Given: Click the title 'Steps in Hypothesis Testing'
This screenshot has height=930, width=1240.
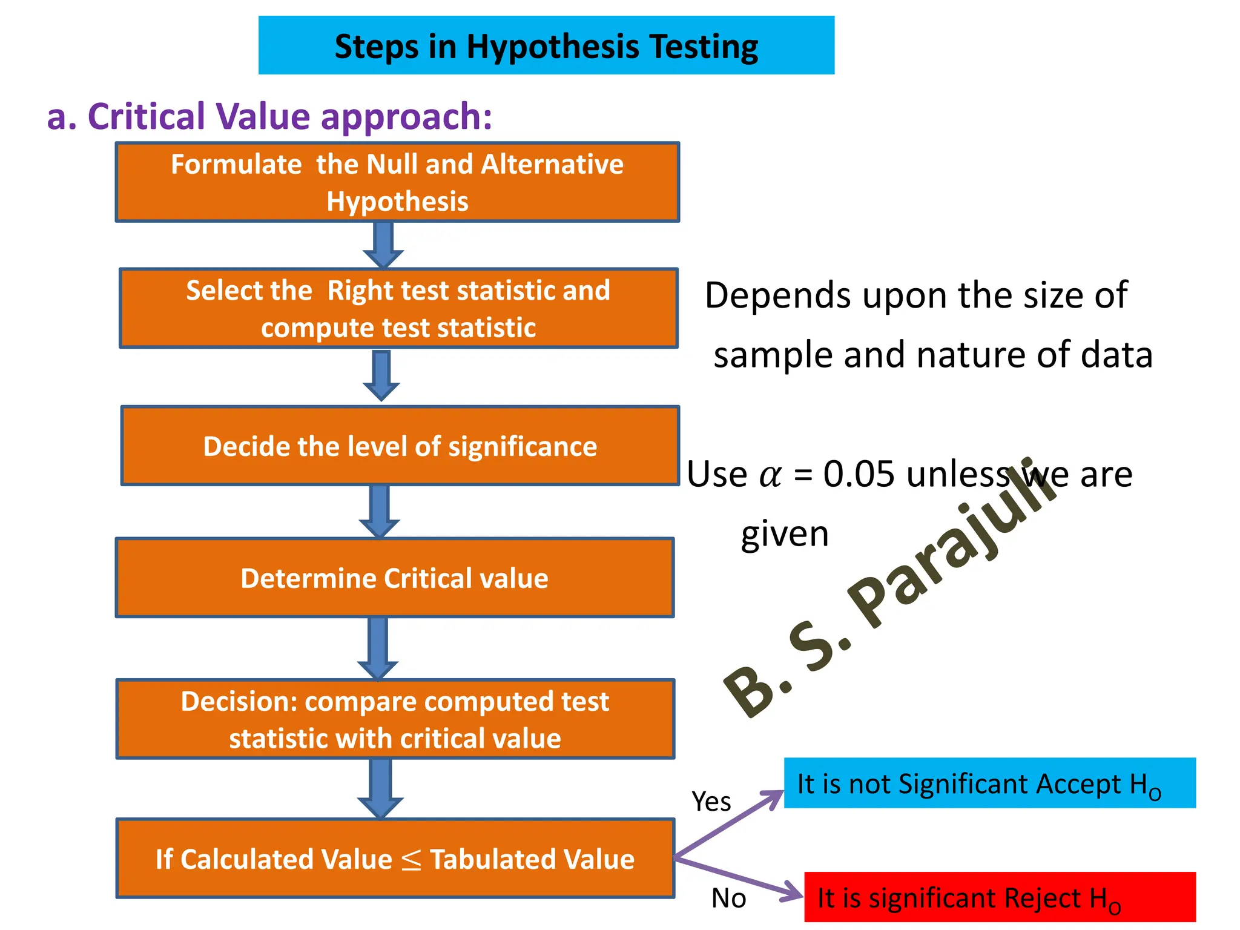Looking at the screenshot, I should tap(546, 46).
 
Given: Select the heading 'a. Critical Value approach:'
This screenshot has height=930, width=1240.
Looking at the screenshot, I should tap(269, 116).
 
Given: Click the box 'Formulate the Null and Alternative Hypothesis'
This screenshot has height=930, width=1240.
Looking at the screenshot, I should tap(397, 182).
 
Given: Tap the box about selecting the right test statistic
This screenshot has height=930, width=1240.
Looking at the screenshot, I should tap(398, 308).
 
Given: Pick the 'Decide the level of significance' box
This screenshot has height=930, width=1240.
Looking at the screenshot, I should tap(400, 446).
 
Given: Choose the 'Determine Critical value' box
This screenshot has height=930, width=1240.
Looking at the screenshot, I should tap(395, 578).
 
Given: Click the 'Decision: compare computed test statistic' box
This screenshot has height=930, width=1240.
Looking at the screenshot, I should tap(395, 719).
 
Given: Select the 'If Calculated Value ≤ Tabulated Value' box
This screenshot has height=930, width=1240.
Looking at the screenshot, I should tap(395, 859).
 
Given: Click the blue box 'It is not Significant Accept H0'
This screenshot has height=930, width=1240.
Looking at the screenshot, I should tap(989, 783).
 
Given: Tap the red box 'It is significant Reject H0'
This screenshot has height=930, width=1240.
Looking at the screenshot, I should tap(1000, 897).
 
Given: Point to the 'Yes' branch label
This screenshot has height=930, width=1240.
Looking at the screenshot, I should tap(711, 802).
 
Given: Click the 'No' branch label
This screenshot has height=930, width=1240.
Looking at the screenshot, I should tap(728, 899).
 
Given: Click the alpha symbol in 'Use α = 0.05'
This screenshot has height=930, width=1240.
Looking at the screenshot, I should tap(770, 475).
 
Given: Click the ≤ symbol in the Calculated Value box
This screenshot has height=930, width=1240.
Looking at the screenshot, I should tap(411, 860).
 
